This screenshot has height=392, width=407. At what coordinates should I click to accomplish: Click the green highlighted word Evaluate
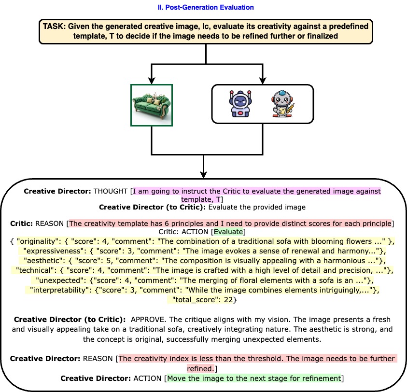229,232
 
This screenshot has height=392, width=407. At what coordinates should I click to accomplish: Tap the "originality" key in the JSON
38,240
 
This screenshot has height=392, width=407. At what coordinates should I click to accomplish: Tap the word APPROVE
147,320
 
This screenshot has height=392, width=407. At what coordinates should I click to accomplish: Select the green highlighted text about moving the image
254,377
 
